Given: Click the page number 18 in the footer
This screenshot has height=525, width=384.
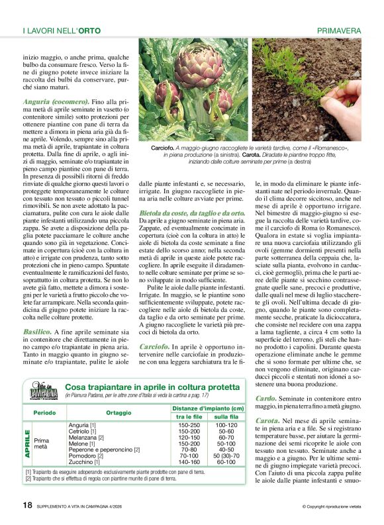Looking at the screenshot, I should pyautogui.click(x=27, y=504).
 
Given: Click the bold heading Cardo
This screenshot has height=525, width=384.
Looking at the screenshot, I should pyautogui.click(x=266, y=398).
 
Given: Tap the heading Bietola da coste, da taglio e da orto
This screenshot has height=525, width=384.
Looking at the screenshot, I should pyautogui.click(x=193, y=214).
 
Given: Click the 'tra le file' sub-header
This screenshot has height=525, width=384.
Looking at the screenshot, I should pyautogui.click(x=189, y=416).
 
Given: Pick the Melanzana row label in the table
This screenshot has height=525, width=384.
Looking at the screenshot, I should pyautogui.click(x=87, y=438).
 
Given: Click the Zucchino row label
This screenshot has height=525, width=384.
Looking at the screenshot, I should pyautogui.click(x=83, y=461).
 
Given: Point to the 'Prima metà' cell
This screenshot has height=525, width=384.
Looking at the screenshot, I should pyautogui.click(x=42, y=444).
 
